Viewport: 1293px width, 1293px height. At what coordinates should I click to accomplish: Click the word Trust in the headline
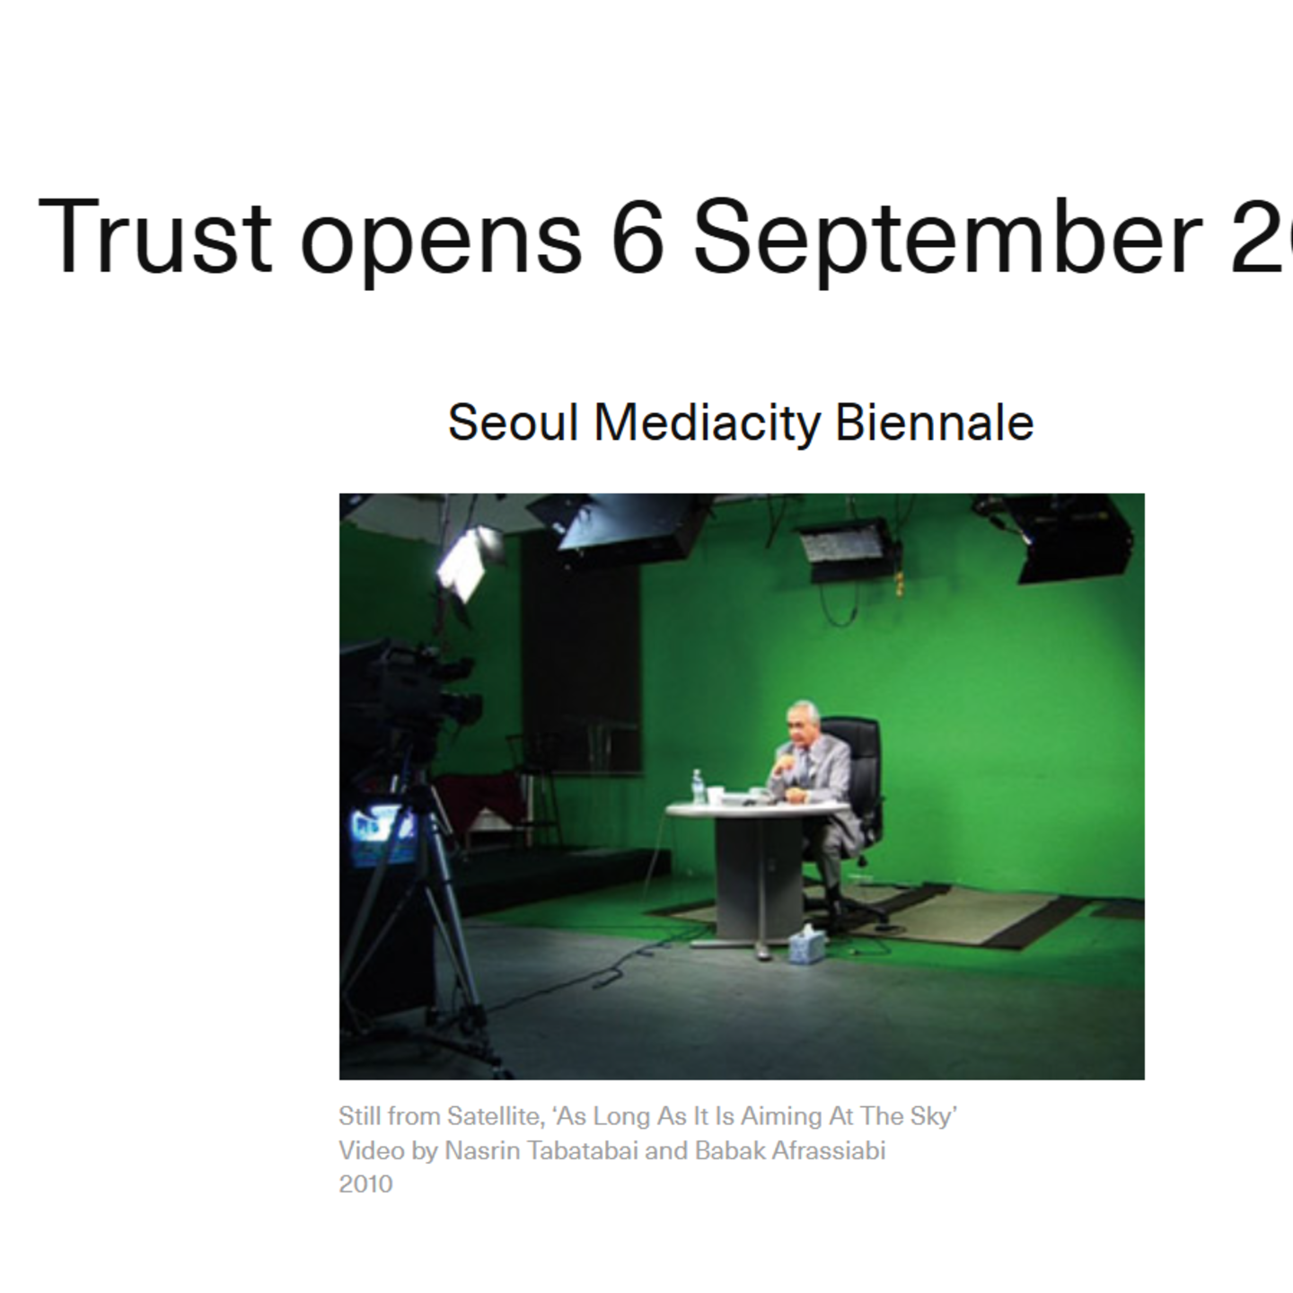tap(154, 235)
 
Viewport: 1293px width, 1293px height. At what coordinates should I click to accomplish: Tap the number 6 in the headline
tap(638, 235)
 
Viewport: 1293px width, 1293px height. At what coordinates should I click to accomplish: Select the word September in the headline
tap(947, 235)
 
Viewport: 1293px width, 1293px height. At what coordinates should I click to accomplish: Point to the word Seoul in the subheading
tap(513, 422)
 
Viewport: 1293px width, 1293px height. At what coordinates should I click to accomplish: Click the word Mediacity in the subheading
tap(708, 422)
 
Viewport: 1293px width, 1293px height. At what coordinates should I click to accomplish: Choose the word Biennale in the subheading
tap(934, 422)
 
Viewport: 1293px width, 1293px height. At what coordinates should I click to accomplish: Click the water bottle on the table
tap(698, 787)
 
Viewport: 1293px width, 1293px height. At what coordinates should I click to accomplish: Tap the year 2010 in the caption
tap(365, 1183)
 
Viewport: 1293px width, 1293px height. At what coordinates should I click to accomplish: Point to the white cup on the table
tap(716, 795)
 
